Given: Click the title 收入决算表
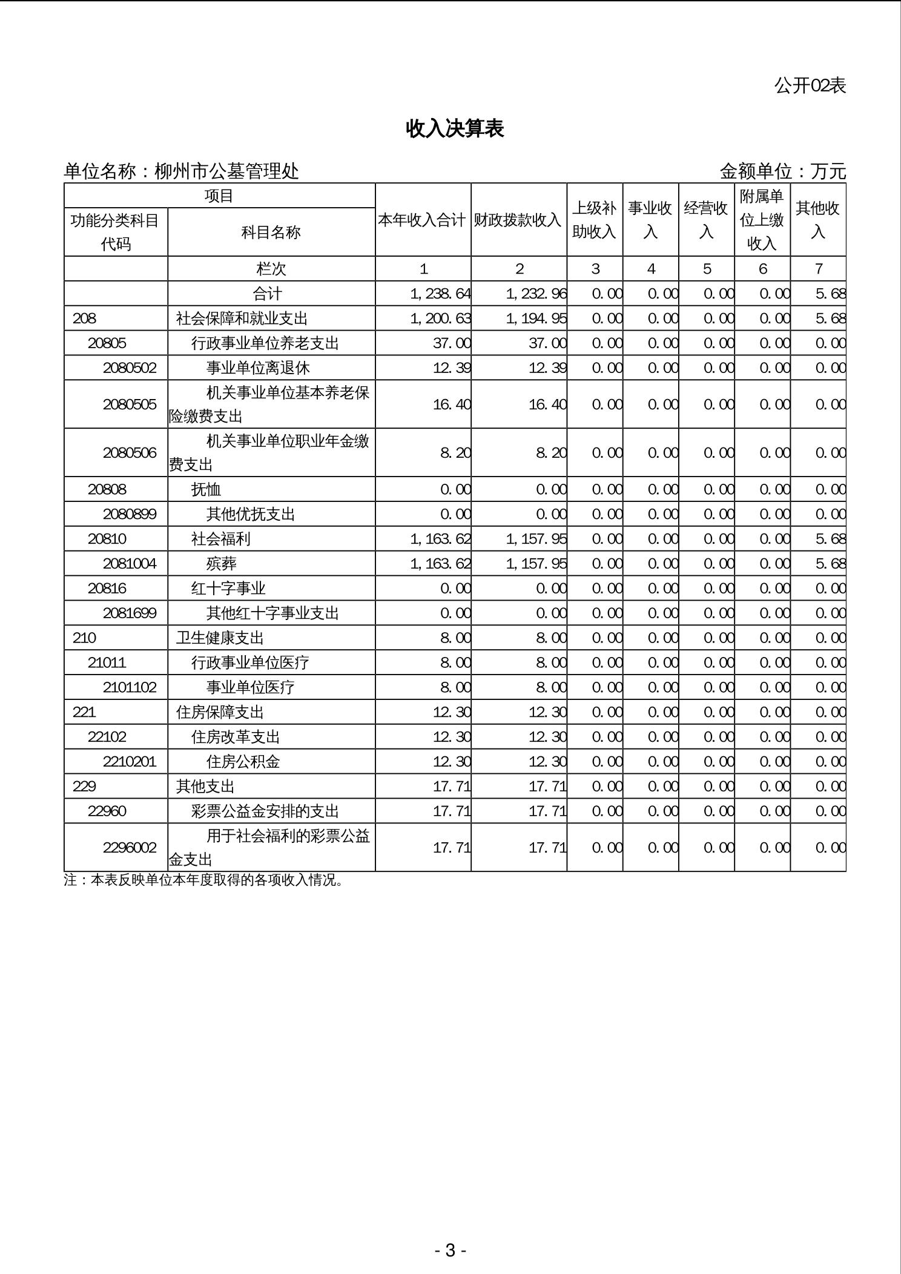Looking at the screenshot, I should coord(455,128).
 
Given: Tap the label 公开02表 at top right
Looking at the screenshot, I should coord(810,86).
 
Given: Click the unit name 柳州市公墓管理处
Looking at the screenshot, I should coord(226,171).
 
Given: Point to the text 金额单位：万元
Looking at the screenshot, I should coord(782,171).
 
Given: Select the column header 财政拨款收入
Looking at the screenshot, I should coord(518,220).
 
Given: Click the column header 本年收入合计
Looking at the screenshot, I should coord(422,220).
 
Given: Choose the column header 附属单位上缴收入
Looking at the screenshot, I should coord(762,220).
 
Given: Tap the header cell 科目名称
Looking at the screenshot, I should coord(271,232).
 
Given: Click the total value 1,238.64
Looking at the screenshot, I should coord(440,294).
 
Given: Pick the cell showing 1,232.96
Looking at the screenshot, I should coord(536,294).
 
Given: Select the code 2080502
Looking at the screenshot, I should coord(130,368).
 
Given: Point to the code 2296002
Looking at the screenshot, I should coord(130,847).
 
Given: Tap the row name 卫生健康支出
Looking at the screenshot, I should coord(220,638).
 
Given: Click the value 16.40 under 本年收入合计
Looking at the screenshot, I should coord(452,404).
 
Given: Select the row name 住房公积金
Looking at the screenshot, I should coord(243,762).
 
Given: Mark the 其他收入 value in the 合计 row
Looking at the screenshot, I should coord(830,294).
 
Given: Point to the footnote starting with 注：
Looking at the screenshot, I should coord(204,880).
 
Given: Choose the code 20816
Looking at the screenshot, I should coord(107,589).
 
